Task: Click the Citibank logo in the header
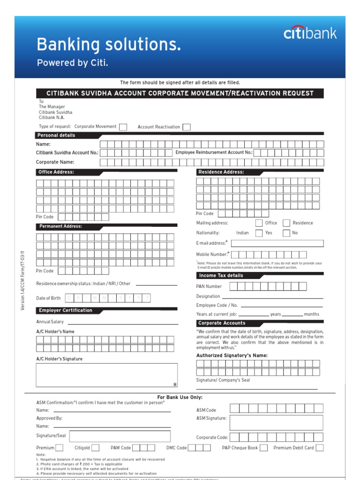(x=310, y=33)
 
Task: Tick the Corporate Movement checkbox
(x=123, y=127)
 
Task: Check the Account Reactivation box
(x=187, y=127)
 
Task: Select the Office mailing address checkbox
(x=259, y=223)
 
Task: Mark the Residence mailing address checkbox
(x=286, y=223)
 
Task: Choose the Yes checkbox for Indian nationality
(x=259, y=233)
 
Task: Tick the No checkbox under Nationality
(x=286, y=233)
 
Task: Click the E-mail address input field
(x=277, y=243)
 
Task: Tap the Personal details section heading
(x=56, y=135)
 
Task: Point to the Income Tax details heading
(x=221, y=276)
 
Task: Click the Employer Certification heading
(x=66, y=310)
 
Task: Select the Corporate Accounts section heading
(x=222, y=323)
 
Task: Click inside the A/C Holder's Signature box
(x=106, y=375)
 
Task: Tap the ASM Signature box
(x=276, y=422)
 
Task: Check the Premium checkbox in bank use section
(x=60, y=448)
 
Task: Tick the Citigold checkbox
(x=95, y=448)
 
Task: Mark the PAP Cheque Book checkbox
(x=264, y=448)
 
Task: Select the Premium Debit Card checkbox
(x=320, y=448)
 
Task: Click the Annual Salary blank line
(x=123, y=323)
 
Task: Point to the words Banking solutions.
(x=109, y=45)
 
